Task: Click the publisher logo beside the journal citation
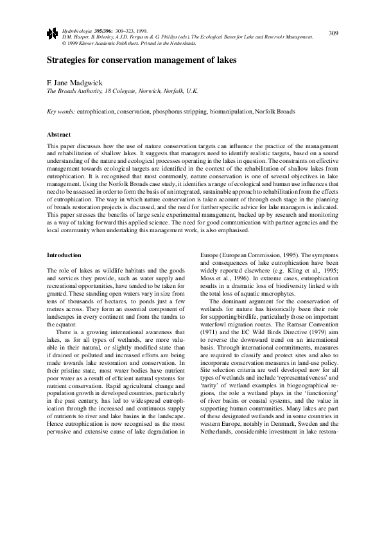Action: pos(52,32)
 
